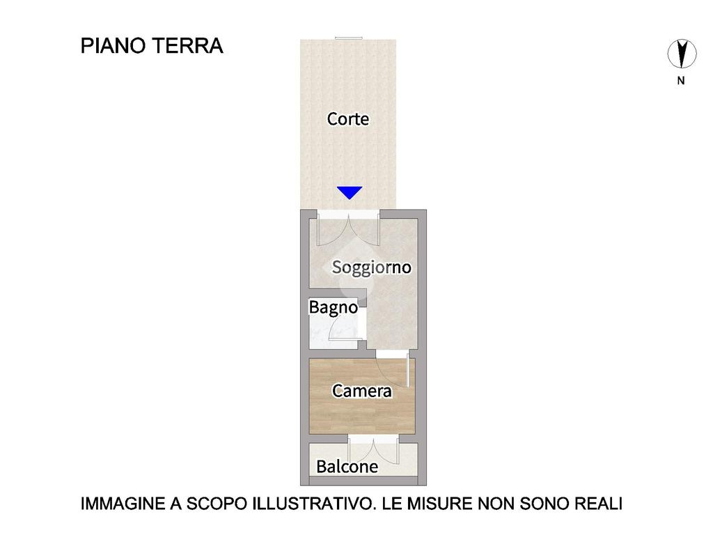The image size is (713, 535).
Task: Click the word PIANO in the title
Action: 113,46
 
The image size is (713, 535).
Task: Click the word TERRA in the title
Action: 187,46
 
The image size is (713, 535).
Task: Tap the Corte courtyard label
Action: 348,118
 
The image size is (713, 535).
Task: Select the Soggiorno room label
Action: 372,267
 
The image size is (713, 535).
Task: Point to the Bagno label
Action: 334,307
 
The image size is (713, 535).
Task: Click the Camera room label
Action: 362,390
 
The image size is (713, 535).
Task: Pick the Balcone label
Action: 347,466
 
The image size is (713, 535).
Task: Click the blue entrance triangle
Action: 350,192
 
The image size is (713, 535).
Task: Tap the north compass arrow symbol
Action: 682,54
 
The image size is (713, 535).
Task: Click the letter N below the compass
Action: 681,81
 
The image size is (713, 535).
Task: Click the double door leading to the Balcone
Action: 373,451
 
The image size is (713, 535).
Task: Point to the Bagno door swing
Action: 343,326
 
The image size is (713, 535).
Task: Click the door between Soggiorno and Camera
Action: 393,369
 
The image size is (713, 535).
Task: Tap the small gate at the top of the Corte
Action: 349,38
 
